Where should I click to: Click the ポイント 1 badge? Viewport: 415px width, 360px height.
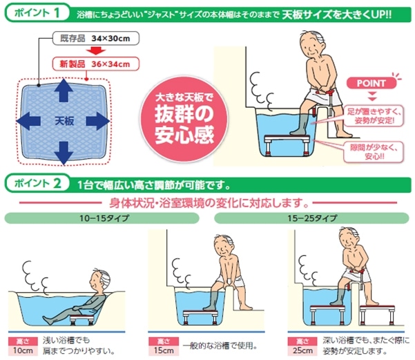click(x=37, y=12)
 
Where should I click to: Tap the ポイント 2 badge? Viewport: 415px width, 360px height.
click(x=37, y=183)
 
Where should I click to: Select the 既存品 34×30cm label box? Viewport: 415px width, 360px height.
click(x=95, y=39)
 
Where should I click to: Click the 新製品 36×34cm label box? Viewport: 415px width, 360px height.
click(x=95, y=64)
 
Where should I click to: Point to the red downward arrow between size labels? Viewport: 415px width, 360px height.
click(x=96, y=51)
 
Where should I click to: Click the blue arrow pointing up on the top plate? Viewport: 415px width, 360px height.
click(x=64, y=90)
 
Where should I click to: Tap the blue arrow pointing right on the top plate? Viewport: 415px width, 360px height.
click(x=97, y=121)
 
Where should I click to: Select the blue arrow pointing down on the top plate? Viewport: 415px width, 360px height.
click(x=64, y=153)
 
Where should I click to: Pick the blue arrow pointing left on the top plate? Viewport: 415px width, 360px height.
click(x=28, y=121)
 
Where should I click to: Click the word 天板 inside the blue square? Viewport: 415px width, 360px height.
click(x=64, y=122)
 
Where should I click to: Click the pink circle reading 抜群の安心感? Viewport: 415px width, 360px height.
click(x=184, y=119)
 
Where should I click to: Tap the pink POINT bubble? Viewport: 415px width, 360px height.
click(x=371, y=83)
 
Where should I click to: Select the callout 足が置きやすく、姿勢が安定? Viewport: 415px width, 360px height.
click(x=374, y=116)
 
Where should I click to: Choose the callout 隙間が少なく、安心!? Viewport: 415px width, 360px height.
click(x=374, y=152)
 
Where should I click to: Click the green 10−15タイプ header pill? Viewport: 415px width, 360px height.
click(x=102, y=218)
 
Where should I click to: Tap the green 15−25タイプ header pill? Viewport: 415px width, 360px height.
click(x=311, y=218)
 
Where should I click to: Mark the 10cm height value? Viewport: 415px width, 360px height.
click(x=23, y=350)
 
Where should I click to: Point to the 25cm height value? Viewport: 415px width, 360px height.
click(x=302, y=350)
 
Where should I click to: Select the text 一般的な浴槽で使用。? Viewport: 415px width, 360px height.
click(x=220, y=345)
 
